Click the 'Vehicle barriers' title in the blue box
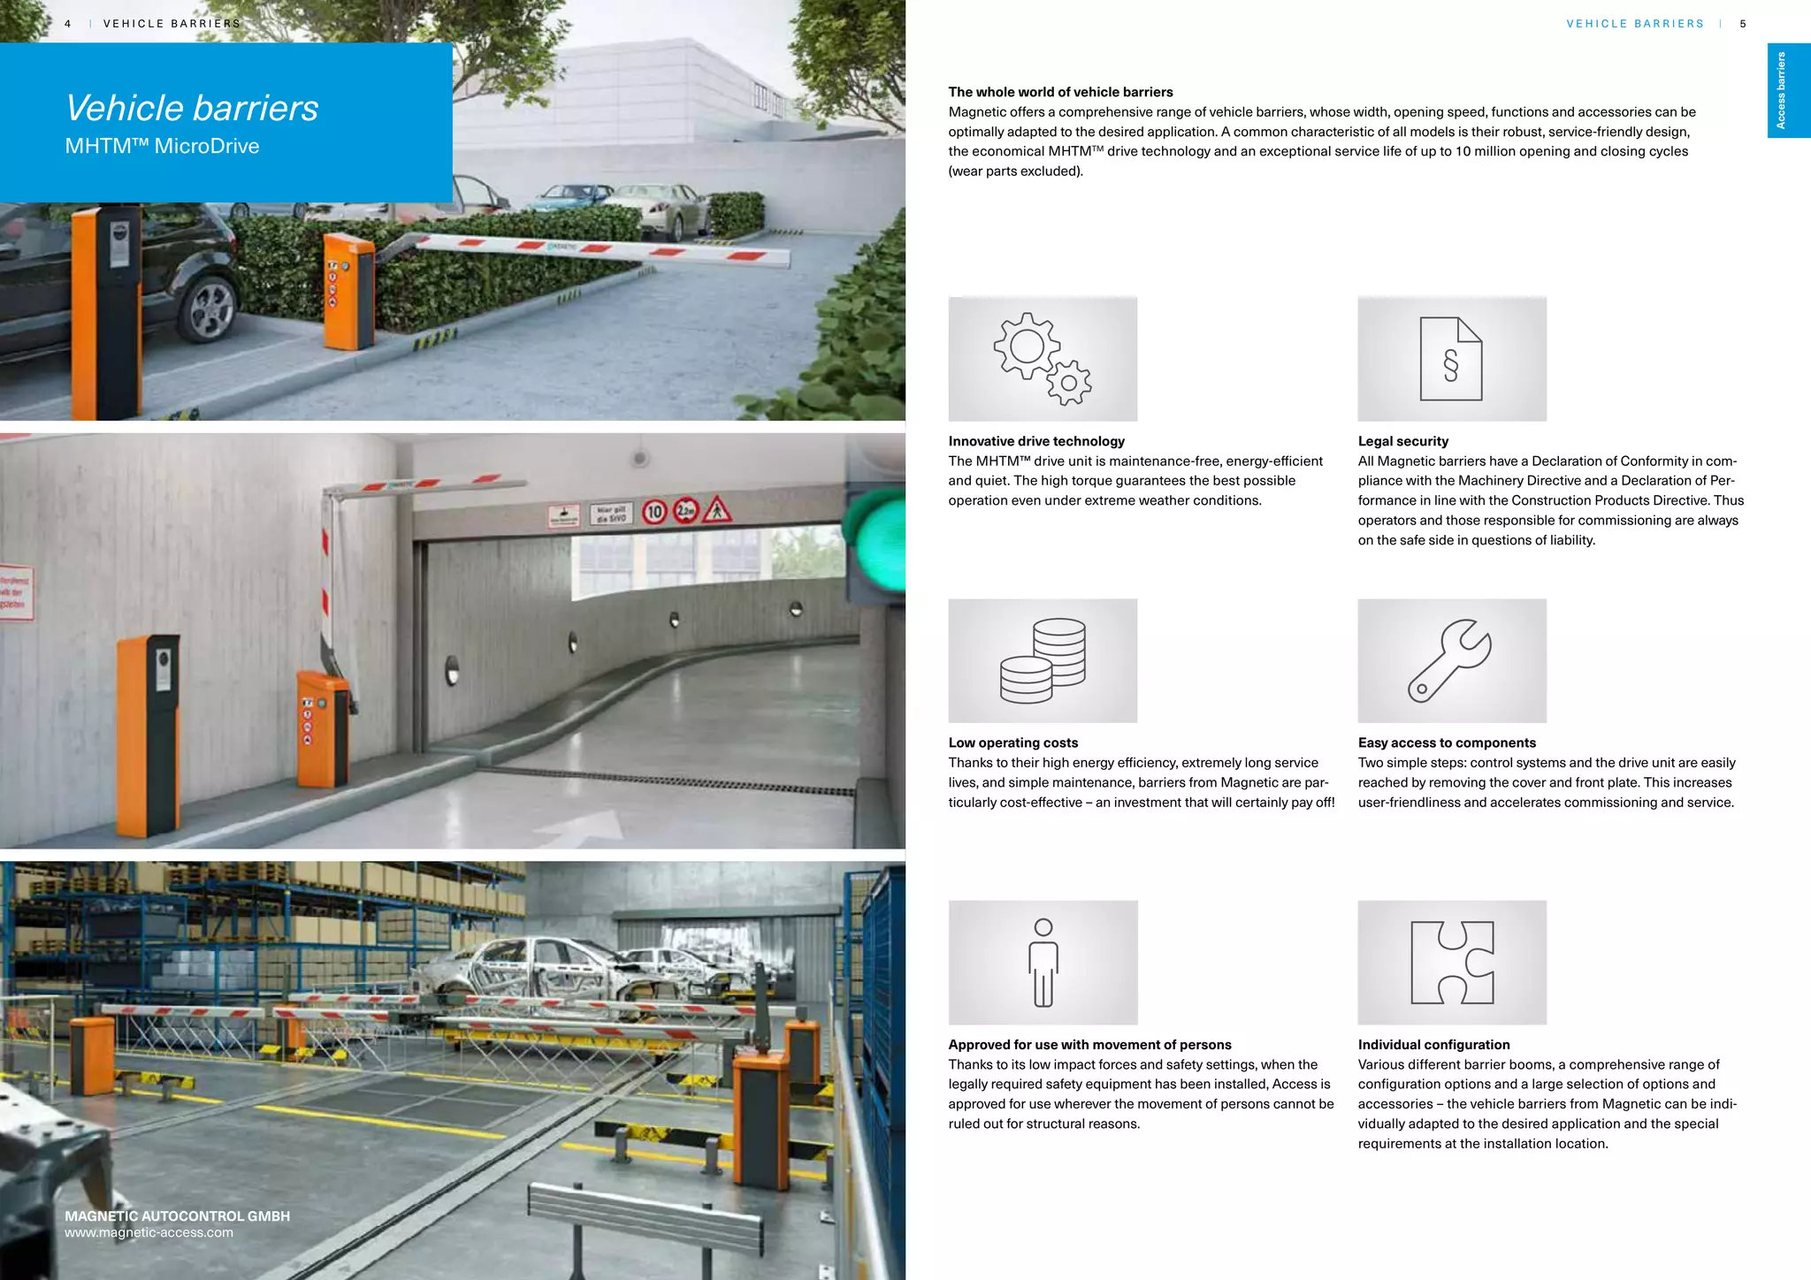click(192, 108)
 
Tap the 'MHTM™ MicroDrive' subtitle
click(162, 146)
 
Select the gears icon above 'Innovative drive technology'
click(1042, 359)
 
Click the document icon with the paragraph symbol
click(1450, 359)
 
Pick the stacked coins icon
click(1043, 660)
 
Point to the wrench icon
click(1450, 660)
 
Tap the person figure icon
click(1043, 962)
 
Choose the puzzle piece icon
click(1451, 962)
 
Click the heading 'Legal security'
click(1402, 441)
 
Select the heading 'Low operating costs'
click(1012, 743)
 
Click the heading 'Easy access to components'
click(1446, 743)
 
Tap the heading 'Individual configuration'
click(1433, 1044)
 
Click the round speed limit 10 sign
click(654, 511)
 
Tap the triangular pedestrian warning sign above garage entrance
click(717, 510)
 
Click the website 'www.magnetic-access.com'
click(149, 1232)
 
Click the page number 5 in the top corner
click(1742, 24)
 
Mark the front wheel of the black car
click(210, 308)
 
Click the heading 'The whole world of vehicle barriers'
click(1059, 92)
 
